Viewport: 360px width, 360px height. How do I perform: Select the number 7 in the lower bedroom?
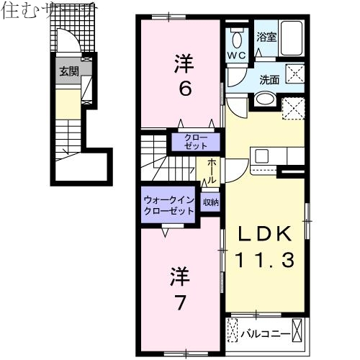[180, 302]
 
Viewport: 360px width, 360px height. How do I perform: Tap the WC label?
[236, 55]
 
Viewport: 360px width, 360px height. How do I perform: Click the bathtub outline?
[293, 36]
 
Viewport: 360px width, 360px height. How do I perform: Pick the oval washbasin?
[265, 100]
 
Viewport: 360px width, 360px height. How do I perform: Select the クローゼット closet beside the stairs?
[188, 140]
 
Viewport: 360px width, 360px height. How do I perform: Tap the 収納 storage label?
[210, 203]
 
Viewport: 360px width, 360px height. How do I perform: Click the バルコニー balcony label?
[270, 333]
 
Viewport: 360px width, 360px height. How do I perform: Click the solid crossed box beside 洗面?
[294, 73]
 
